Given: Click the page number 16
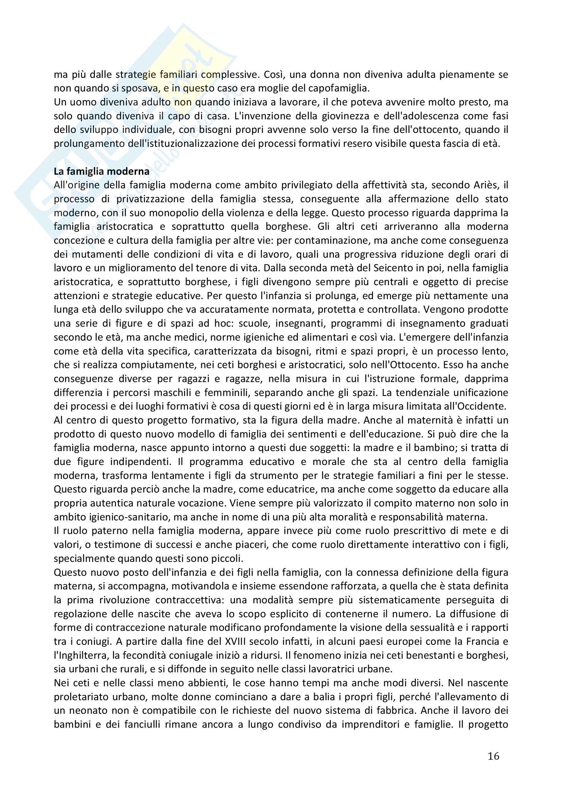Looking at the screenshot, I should [493, 756].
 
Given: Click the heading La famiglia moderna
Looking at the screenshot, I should [101, 171].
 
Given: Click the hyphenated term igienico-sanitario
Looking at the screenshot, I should [112, 517].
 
